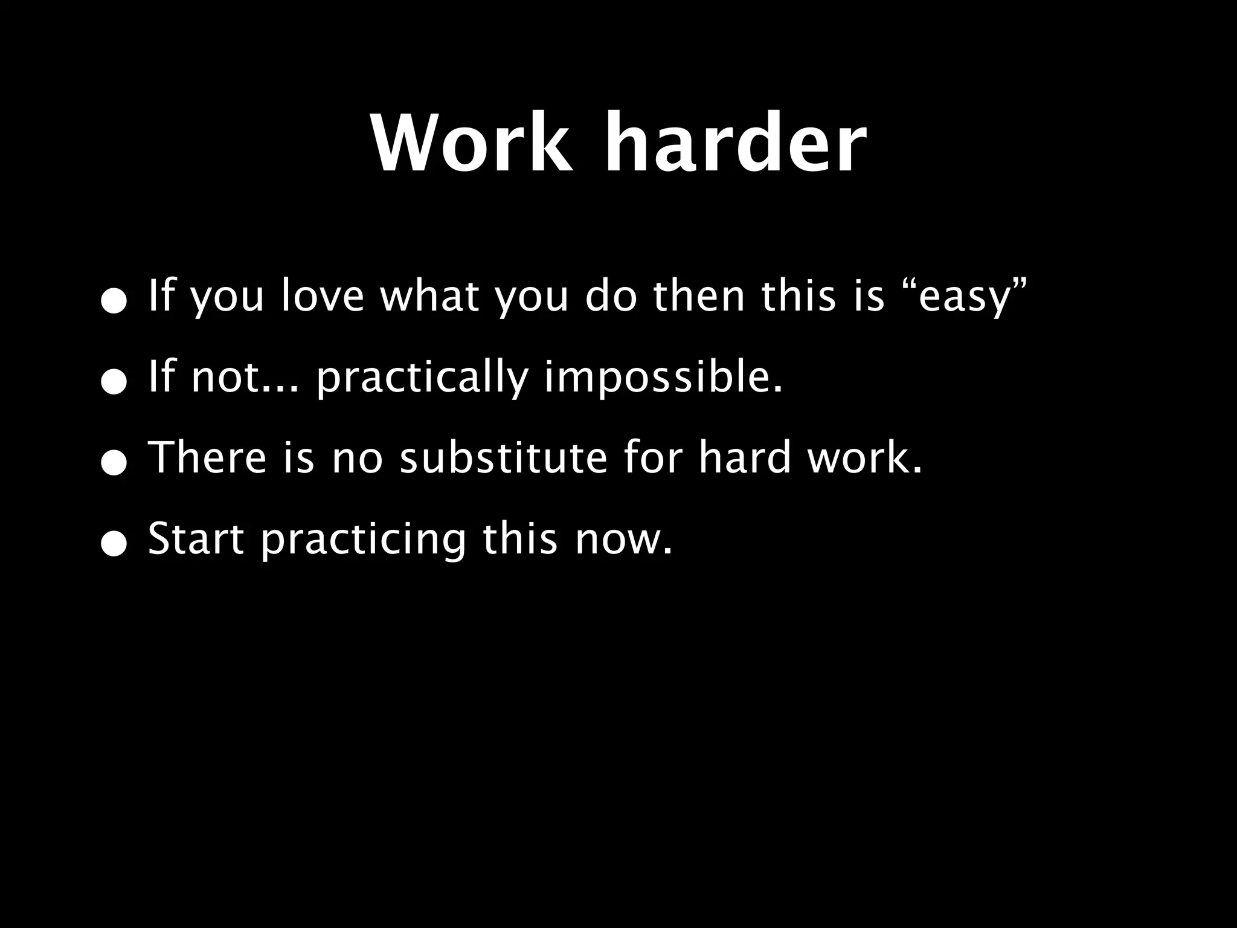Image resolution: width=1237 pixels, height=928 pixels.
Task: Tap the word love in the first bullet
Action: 322,297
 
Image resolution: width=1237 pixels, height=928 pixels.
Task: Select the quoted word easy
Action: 965,297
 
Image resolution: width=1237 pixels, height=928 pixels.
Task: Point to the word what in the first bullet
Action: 429,295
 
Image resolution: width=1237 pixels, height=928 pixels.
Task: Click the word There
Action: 207,457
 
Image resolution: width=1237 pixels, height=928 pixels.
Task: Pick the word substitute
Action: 503,457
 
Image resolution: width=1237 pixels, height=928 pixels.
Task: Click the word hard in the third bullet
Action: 745,457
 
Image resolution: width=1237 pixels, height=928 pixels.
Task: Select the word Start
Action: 196,538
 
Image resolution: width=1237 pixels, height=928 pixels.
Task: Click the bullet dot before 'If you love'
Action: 114,301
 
